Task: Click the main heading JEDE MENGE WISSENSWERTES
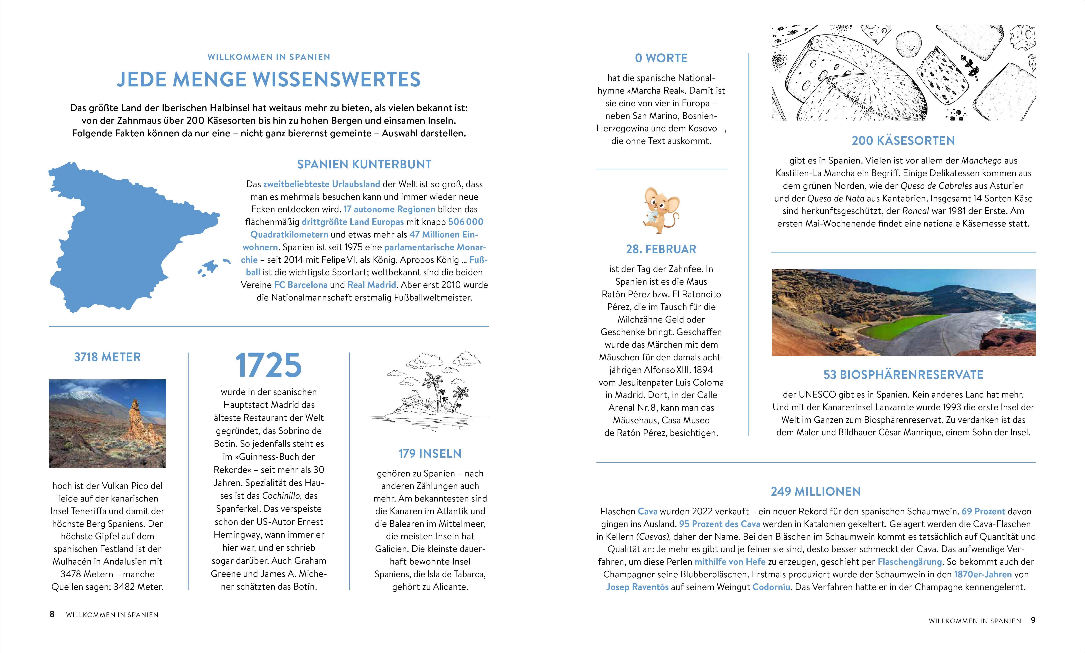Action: [x=269, y=79]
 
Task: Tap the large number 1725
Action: [x=269, y=365]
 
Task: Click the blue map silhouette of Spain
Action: [x=128, y=238]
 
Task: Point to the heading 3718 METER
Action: [x=108, y=357]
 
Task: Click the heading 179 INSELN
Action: [x=430, y=454]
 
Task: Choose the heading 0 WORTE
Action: [x=661, y=58]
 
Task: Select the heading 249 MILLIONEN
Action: [x=815, y=492]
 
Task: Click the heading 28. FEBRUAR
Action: [x=661, y=250]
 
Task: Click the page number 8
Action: [x=52, y=614]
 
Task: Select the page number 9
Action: [x=1033, y=620]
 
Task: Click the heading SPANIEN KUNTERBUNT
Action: [x=364, y=165]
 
